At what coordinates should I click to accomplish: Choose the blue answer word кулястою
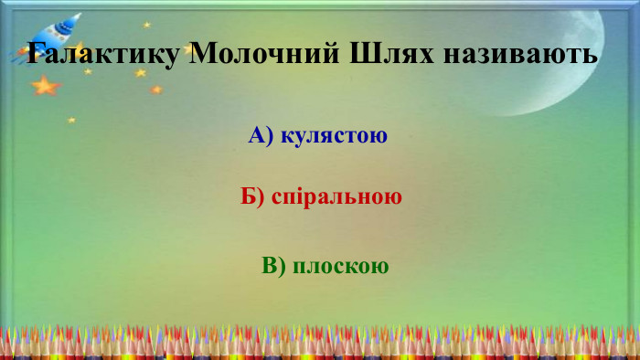pyautogui.click(x=335, y=136)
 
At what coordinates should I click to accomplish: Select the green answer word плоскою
pyautogui.click(x=342, y=266)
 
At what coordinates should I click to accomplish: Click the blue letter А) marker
pyautogui.click(x=261, y=136)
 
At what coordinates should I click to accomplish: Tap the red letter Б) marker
pyautogui.click(x=253, y=196)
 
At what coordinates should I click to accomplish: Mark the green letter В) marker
pyautogui.click(x=274, y=266)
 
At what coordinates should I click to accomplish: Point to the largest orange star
pyautogui.click(x=44, y=86)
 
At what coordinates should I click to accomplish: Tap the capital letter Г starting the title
pyautogui.click(x=37, y=53)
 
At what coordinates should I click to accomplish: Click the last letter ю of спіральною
pyautogui.click(x=394, y=197)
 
